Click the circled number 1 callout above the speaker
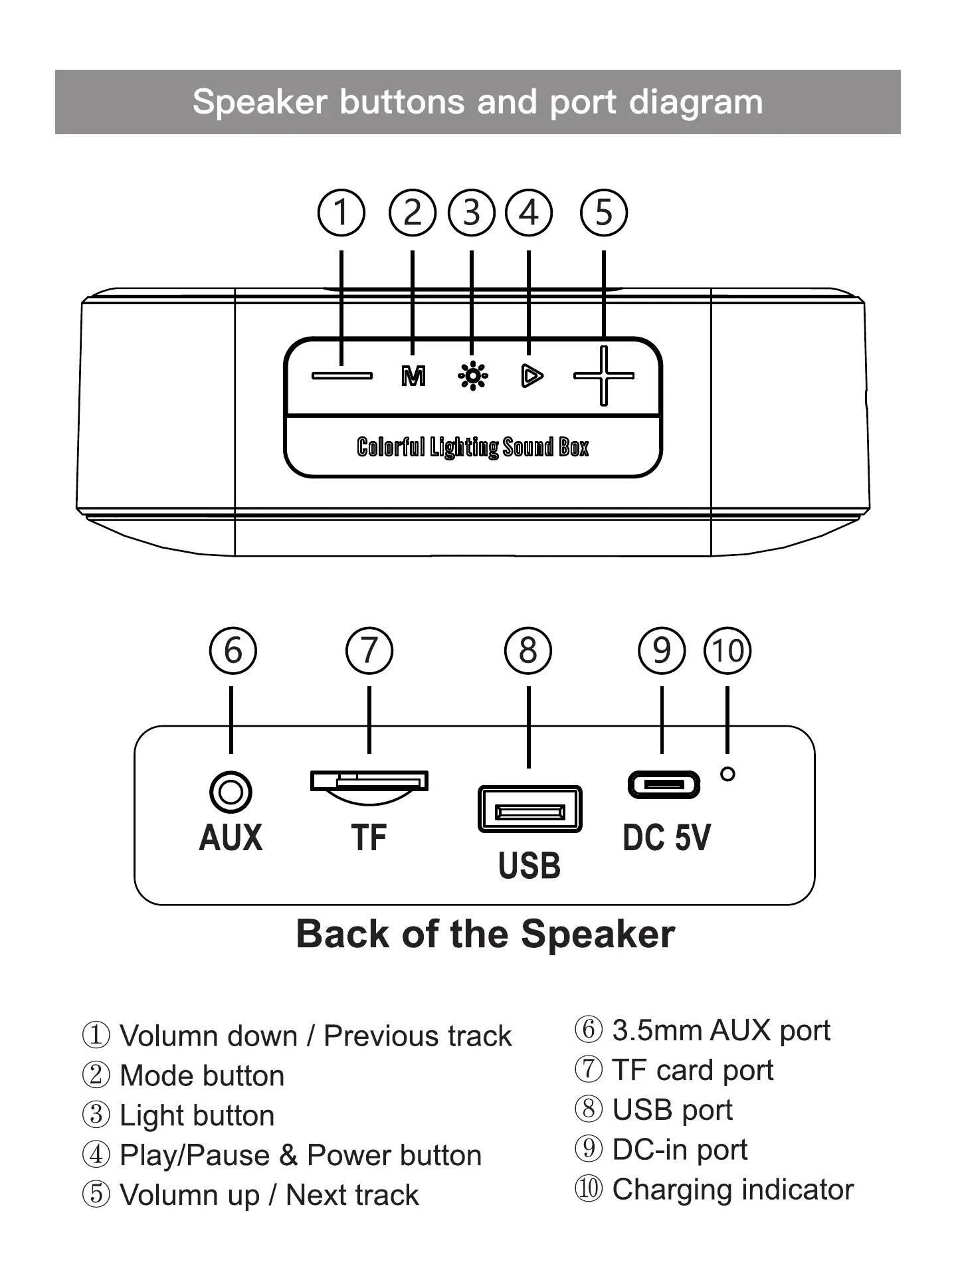(341, 213)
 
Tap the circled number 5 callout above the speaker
(603, 213)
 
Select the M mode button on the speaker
(413, 377)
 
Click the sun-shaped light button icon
(472, 376)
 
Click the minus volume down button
(342, 376)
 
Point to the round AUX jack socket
(231, 792)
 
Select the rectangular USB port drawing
(529, 810)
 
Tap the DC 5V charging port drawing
(664, 785)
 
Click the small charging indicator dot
(727, 774)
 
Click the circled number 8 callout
(528, 650)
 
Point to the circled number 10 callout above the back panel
(727, 650)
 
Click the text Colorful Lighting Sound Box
(472, 447)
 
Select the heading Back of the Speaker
(485, 934)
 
